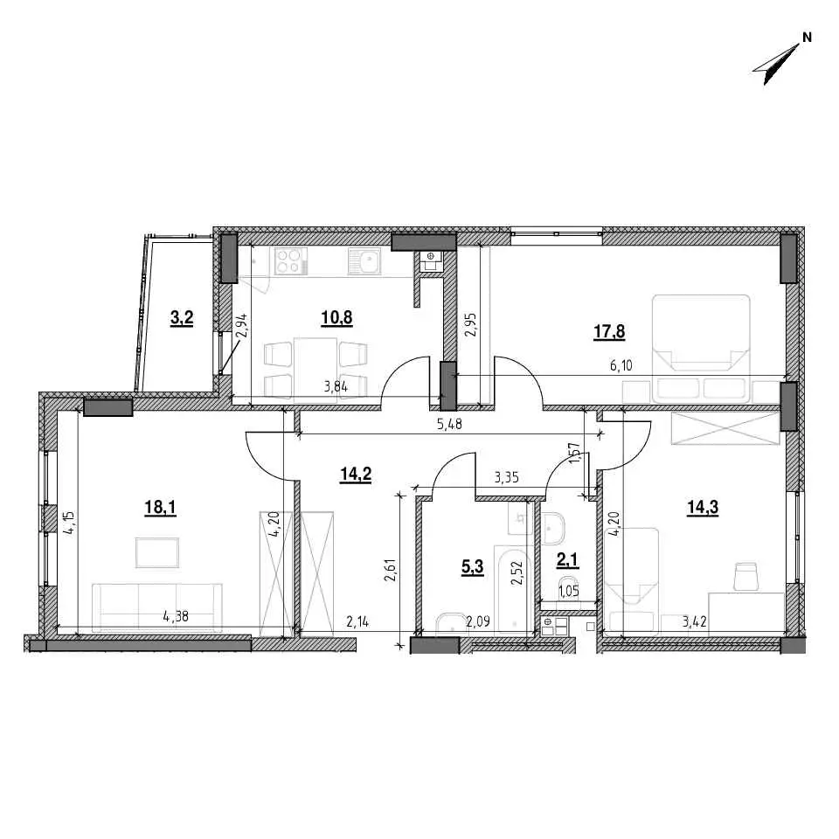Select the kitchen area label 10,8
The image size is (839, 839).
[336, 318]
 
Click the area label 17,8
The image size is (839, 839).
[609, 332]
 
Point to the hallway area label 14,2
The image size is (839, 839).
[356, 474]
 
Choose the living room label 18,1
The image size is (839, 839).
[161, 507]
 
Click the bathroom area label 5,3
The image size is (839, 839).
[473, 566]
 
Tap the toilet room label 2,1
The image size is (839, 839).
[568, 560]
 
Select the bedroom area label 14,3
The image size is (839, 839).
[703, 507]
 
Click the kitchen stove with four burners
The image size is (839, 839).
[289, 261]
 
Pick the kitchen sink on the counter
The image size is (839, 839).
[364, 261]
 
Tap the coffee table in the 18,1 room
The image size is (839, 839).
[157, 552]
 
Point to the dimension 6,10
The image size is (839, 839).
[621, 366]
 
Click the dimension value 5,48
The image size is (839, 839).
[449, 425]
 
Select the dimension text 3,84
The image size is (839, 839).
[336, 386]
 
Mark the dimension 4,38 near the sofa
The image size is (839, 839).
[176, 616]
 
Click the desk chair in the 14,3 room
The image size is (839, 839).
[746, 576]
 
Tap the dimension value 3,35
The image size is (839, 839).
[507, 477]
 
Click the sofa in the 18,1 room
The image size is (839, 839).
[157, 608]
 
